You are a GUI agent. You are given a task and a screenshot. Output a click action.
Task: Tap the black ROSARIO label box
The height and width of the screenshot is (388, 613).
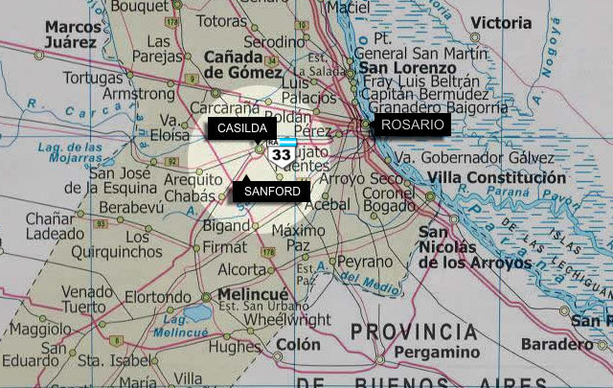point(412,125)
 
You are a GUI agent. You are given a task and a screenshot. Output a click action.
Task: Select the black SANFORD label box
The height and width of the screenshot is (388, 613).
point(272,191)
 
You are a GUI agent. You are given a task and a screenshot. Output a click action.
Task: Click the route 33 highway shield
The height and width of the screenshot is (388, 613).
point(282,152)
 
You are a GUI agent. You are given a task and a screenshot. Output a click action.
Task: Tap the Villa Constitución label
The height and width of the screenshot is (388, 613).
point(496,178)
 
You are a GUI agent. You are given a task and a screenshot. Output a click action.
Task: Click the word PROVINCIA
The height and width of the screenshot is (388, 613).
point(414,332)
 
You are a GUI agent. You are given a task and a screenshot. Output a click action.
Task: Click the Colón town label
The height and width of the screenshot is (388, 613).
point(298,344)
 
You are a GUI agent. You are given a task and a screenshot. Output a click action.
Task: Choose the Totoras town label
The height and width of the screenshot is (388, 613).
point(221,20)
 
